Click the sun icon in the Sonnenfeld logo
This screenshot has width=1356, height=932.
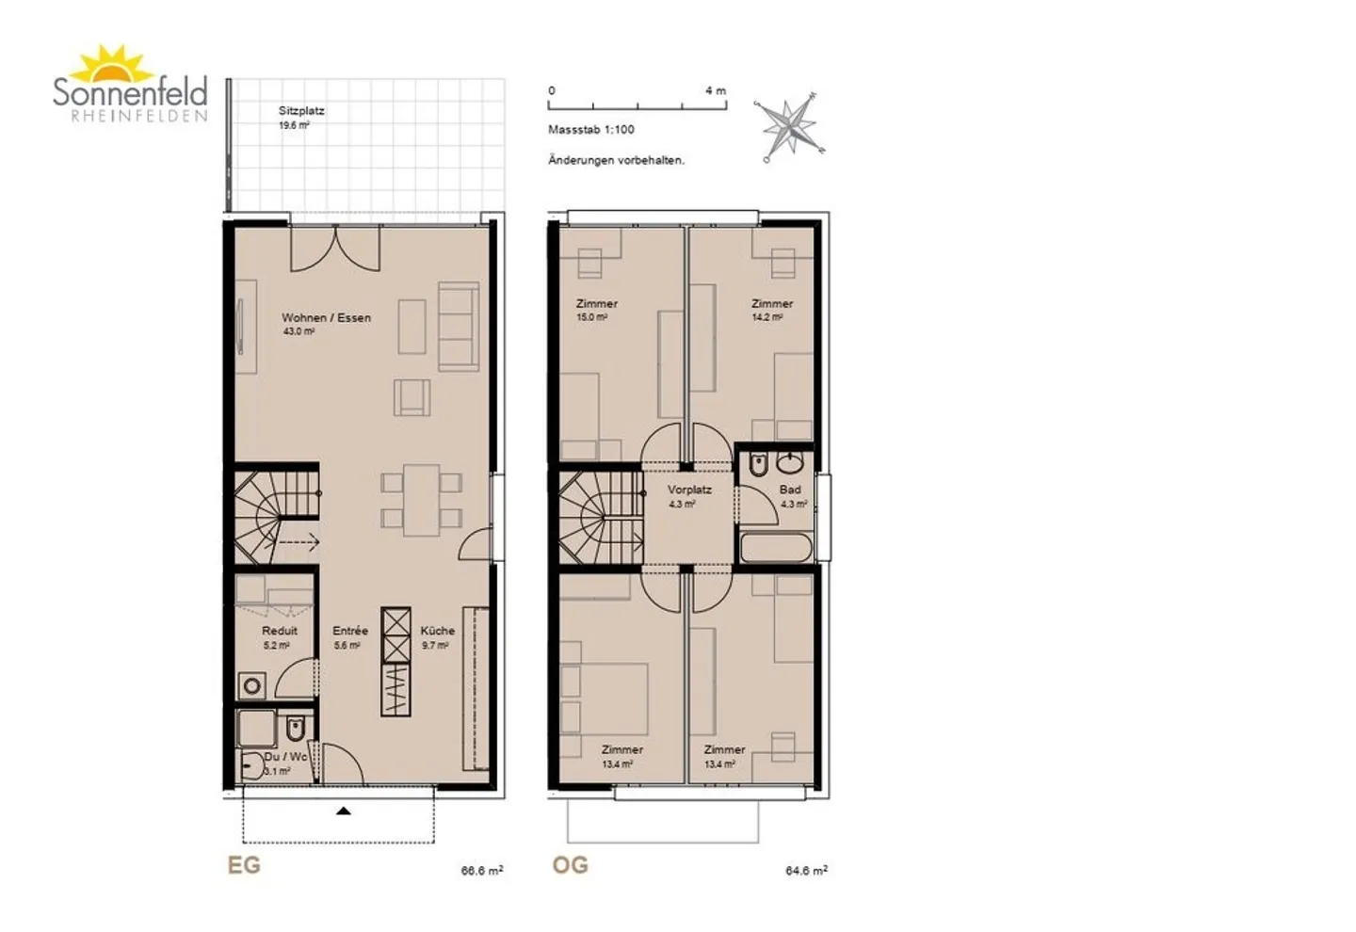click(x=112, y=64)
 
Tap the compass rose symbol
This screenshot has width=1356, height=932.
click(x=791, y=127)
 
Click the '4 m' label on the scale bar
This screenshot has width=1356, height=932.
click(x=716, y=90)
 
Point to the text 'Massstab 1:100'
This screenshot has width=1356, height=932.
click(x=590, y=130)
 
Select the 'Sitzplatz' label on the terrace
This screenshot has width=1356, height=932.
click(x=301, y=111)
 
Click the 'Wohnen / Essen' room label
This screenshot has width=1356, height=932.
click(x=326, y=318)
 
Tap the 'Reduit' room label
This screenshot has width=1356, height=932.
click(x=280, y=631)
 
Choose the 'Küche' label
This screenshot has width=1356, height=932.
click(x=438, y=631)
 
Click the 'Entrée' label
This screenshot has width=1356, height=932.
click(x=350, y=631)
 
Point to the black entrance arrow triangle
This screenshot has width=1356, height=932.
click(x=343, y=811)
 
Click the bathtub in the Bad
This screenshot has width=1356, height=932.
click(x=776, y=548)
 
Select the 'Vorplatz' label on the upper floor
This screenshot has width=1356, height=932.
click(x=689, y=490)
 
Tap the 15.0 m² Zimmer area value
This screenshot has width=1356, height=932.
click(x=592, y=317)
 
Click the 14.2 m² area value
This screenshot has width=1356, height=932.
click(x=767, y=317)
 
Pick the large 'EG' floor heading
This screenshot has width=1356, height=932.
click(x=244, y=865)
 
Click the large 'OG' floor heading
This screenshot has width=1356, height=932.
click(x=571, y=865)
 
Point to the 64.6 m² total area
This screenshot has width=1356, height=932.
click(x=806, y=870)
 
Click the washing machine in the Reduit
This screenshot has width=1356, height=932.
click(x=252, y=686)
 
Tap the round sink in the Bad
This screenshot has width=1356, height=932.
click(x=790, y=465)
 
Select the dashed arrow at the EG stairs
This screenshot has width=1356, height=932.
click(x=298, y=541)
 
